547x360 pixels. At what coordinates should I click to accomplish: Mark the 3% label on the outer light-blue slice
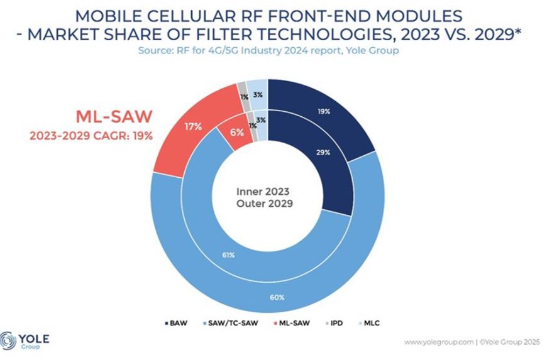(258, 95)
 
